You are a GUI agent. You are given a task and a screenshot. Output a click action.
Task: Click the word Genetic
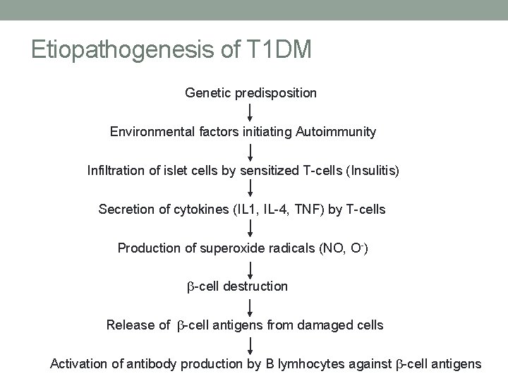pyautogui.click(x=205, y=92)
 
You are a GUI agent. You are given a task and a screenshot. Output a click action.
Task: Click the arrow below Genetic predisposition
pyautogui.click(x=250, y=112)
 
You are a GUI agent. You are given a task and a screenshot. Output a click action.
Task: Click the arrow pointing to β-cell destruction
pyautogui.click(x=250, y=267)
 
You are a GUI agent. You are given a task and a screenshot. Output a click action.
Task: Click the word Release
pyautogui.click(x=127, y=325)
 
